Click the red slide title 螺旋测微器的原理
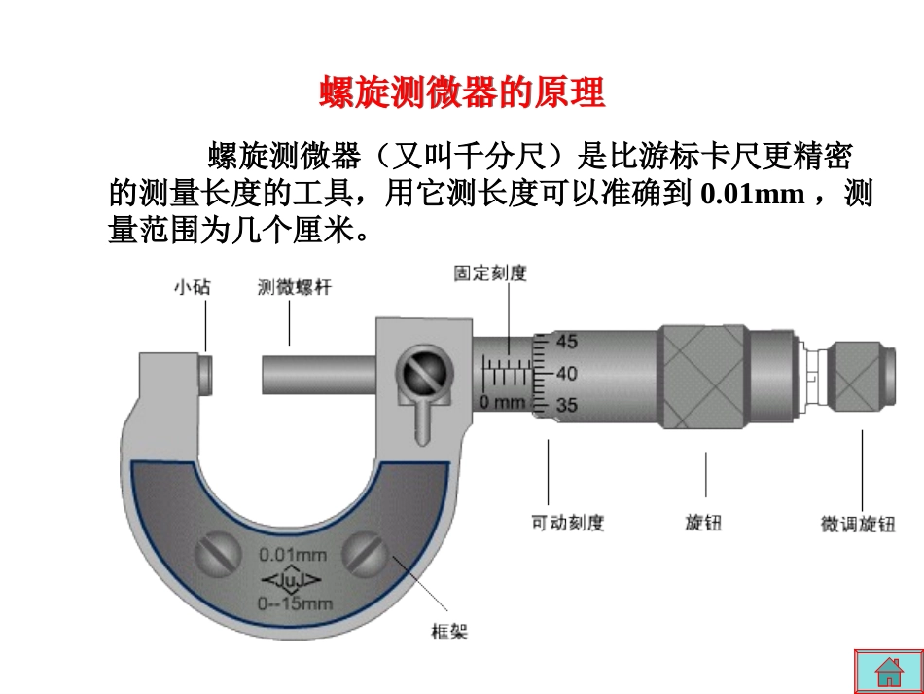click(462, 93)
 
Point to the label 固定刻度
click(489, 274)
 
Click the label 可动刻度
click(567, 523)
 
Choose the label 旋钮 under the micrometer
click(703, 523)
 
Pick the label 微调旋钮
click(858, 524)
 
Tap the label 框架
click(448, 632)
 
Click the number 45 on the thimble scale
click(567, 342)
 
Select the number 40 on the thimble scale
click(567, 373)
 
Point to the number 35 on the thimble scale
click(567, 404)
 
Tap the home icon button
click(889, 672)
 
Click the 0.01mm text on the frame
click(293, 556)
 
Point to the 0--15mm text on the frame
click(295, 603)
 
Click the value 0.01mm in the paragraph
click(753, 194)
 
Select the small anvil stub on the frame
click(206, 374)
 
